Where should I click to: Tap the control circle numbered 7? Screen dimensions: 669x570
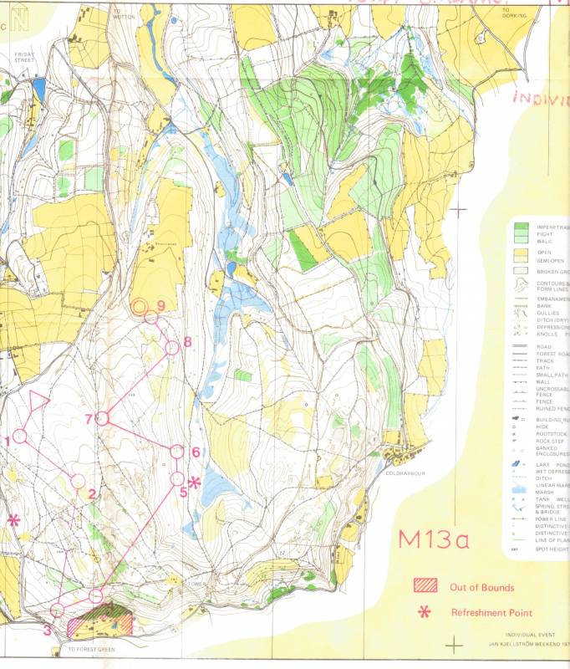[x=103, y=417]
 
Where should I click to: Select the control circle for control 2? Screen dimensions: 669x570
[x=78, y=481]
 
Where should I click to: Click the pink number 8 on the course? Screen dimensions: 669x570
[x=188, y=341]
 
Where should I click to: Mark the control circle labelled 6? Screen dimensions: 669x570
[x=177, y=452]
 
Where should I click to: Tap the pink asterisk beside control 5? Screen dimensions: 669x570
[x=195, y=482]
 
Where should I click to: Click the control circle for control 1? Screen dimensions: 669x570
[x=20, y=436]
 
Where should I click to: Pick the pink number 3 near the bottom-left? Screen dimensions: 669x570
[x=47, y=630]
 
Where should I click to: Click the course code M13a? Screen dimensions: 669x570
[x=433, y=539]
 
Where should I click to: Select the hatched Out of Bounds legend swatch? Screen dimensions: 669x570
[x=425, y=586]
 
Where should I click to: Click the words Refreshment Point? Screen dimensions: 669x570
[x=491, y=613]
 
